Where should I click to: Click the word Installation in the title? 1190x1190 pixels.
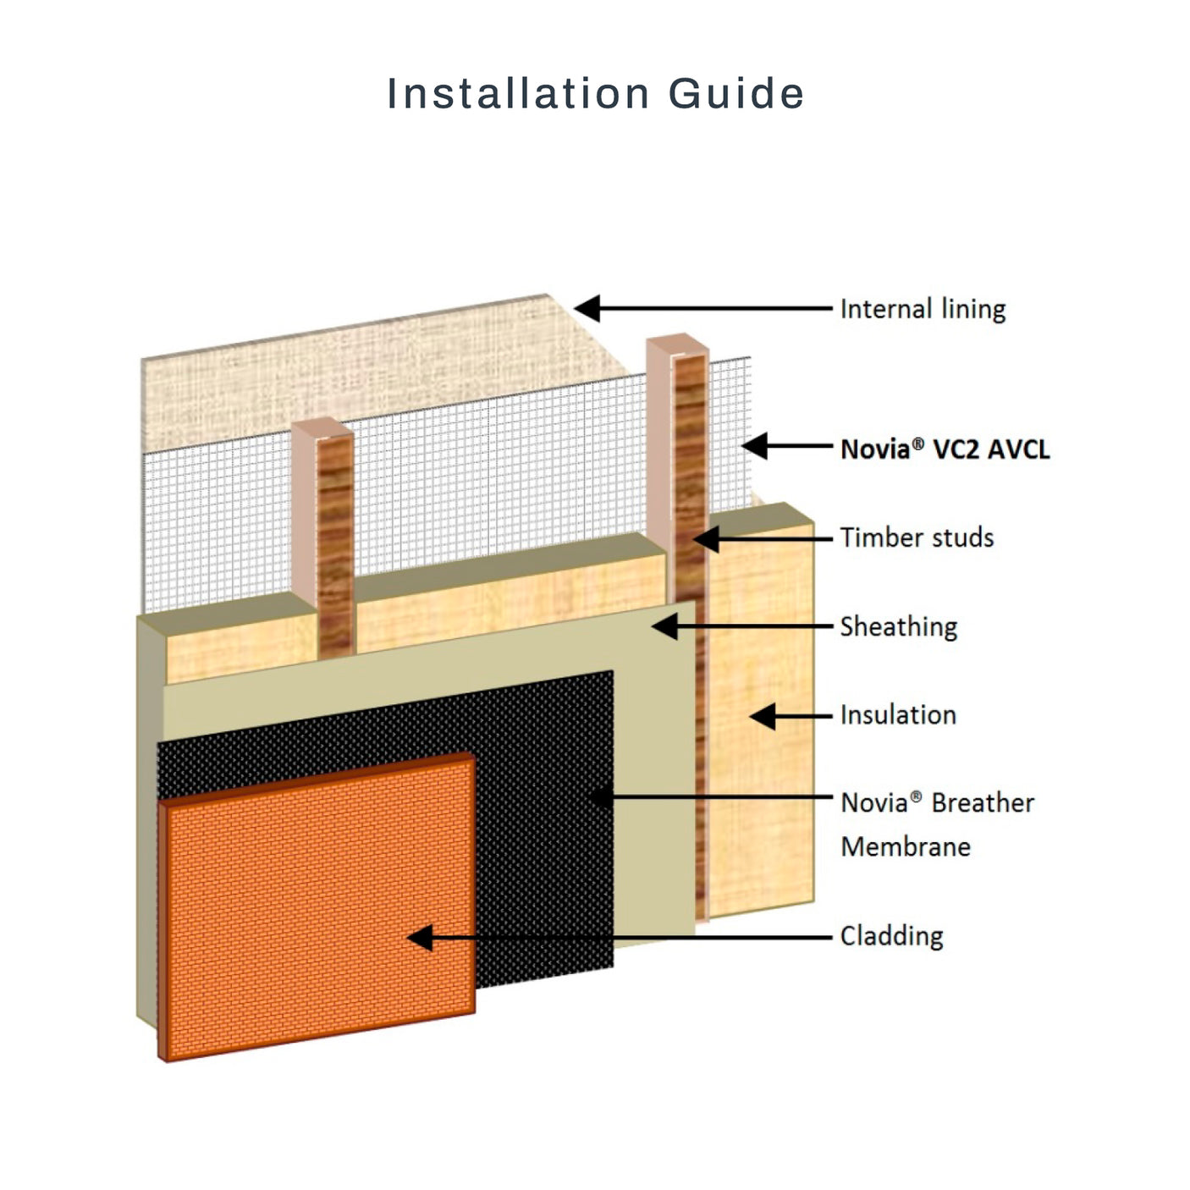[x=518, y=93]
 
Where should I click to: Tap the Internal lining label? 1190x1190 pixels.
[x=923, y=309]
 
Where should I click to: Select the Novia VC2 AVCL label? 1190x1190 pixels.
[x=945, y=449]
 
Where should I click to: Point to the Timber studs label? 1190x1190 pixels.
[x=917, y=537]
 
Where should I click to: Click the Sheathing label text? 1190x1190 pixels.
[x=898, y=627]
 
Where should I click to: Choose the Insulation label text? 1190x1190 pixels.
[x=898, y=715]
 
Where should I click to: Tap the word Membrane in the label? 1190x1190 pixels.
[x=906, y=846]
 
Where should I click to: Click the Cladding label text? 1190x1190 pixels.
[x=891, y=936]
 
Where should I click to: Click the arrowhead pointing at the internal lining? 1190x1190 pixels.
[x=587, y=309]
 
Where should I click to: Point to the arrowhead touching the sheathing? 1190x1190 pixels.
[x=664, y=627]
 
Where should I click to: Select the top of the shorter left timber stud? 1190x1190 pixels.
[x=322, y=428]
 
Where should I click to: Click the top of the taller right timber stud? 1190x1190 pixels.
[x=677, y=342]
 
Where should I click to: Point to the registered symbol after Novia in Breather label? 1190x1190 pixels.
[x=916, y=796]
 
